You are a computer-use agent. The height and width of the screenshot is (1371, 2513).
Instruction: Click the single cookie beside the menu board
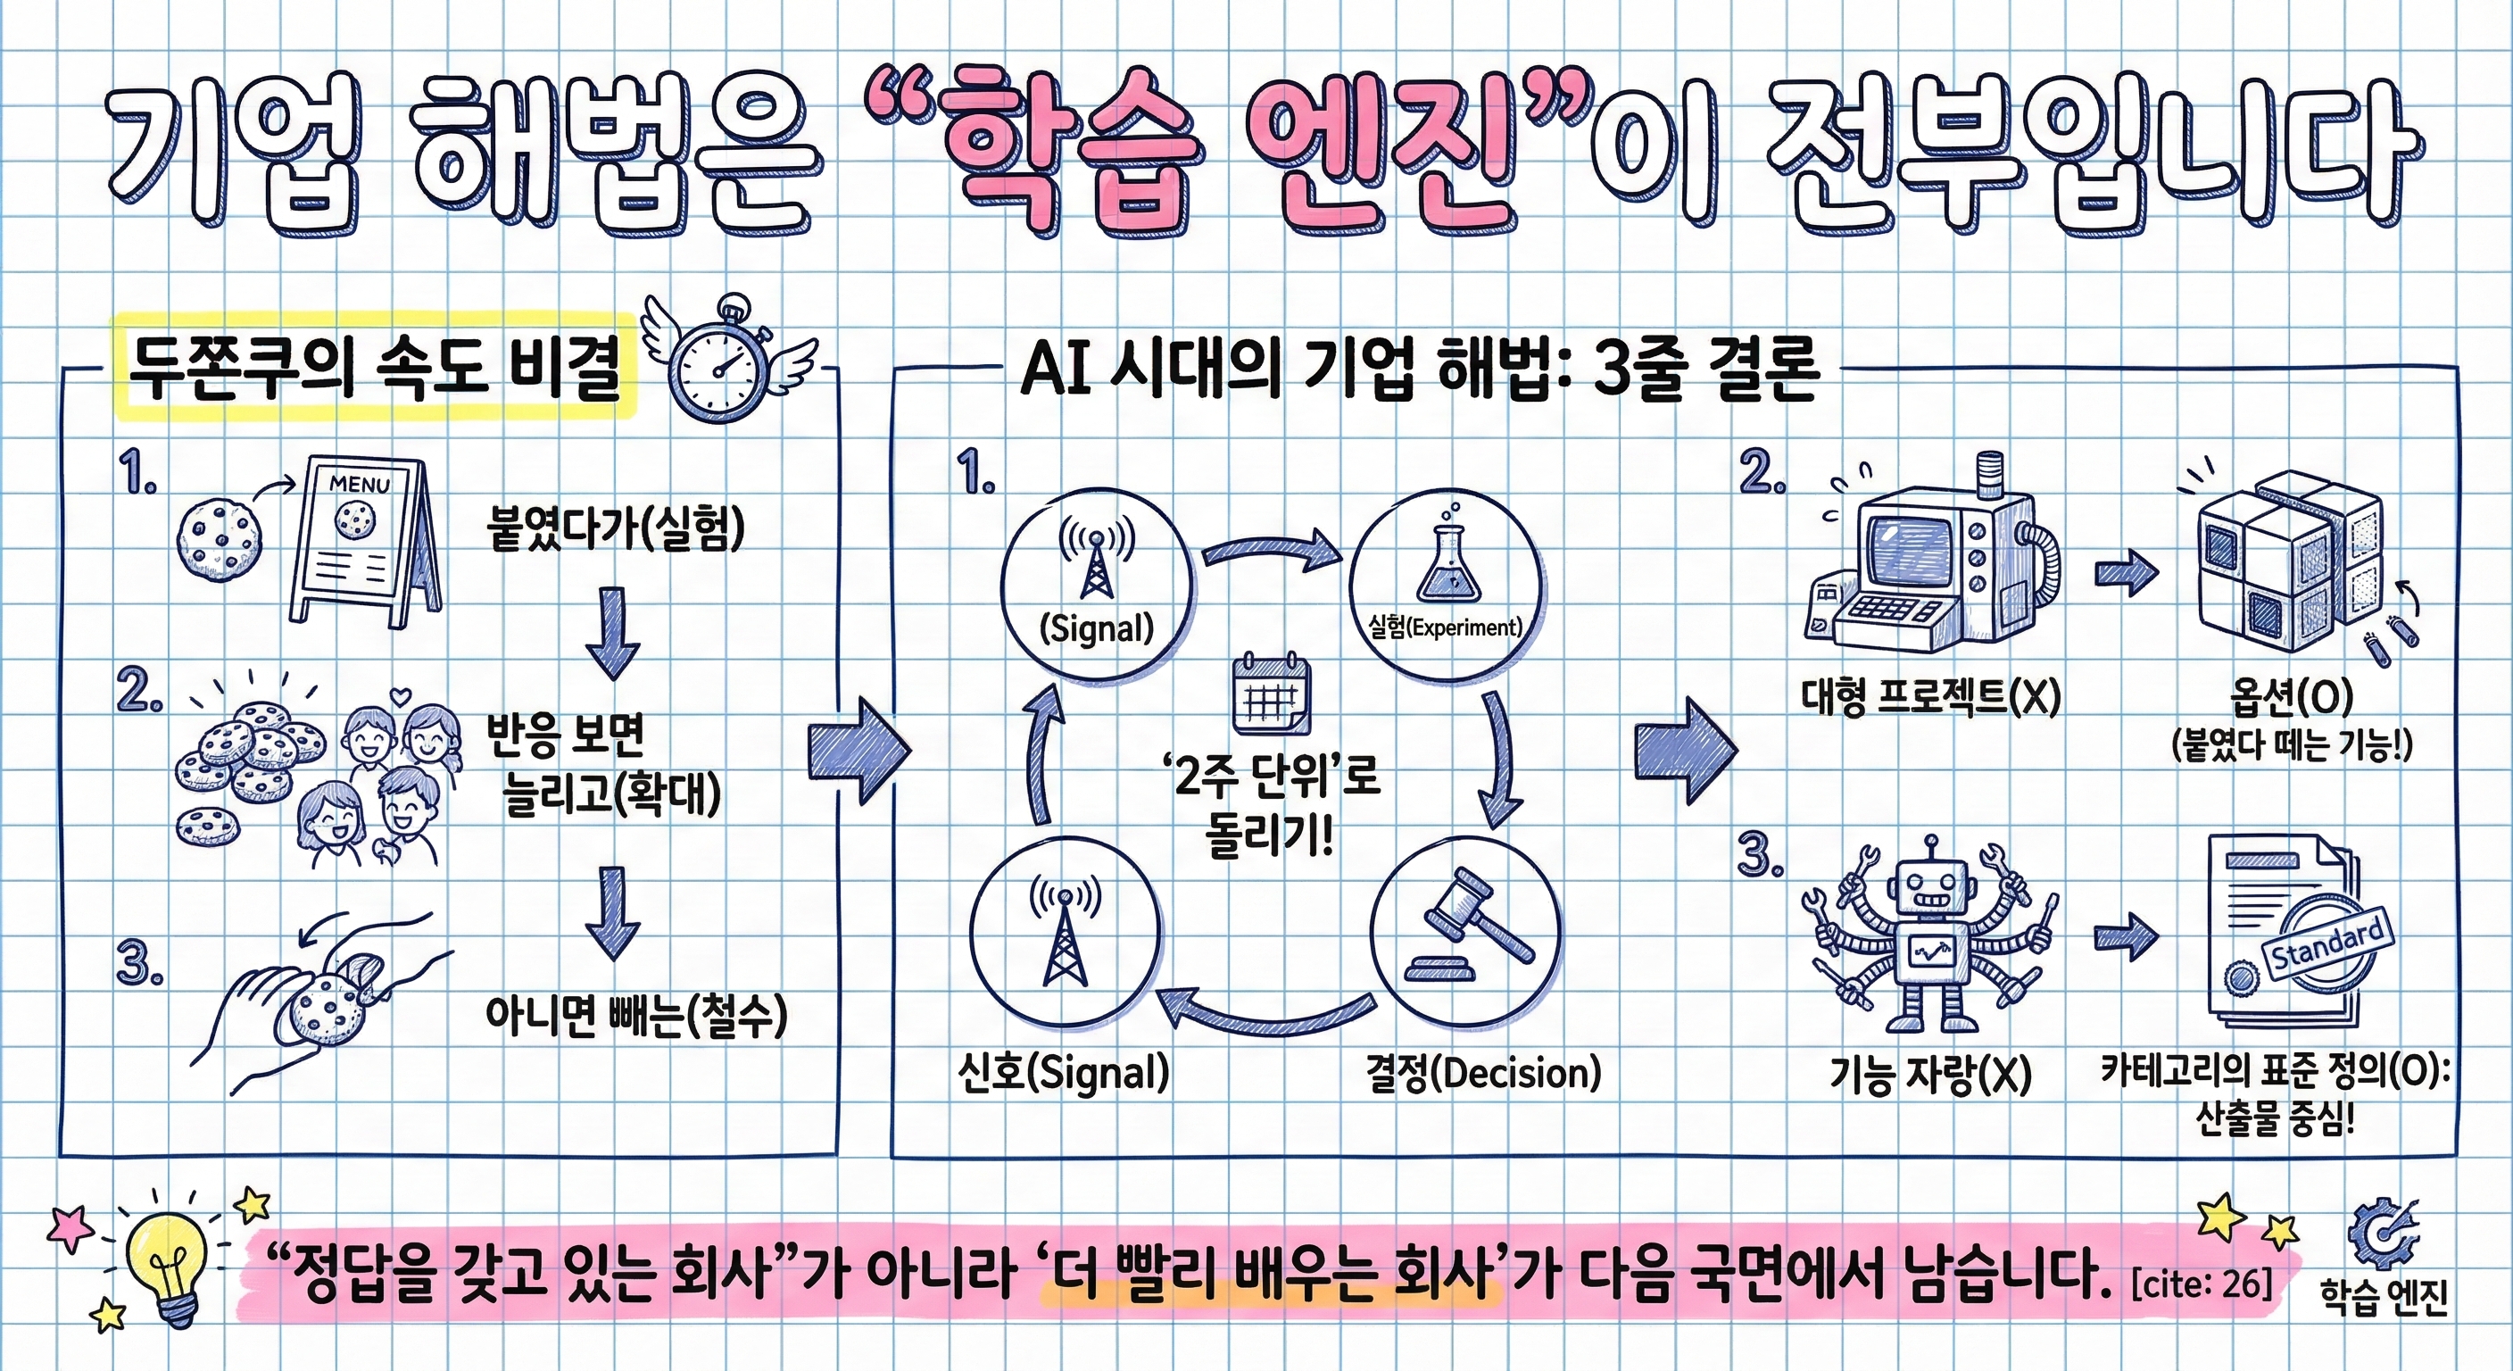pyautogui.click(x=220, y=536)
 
